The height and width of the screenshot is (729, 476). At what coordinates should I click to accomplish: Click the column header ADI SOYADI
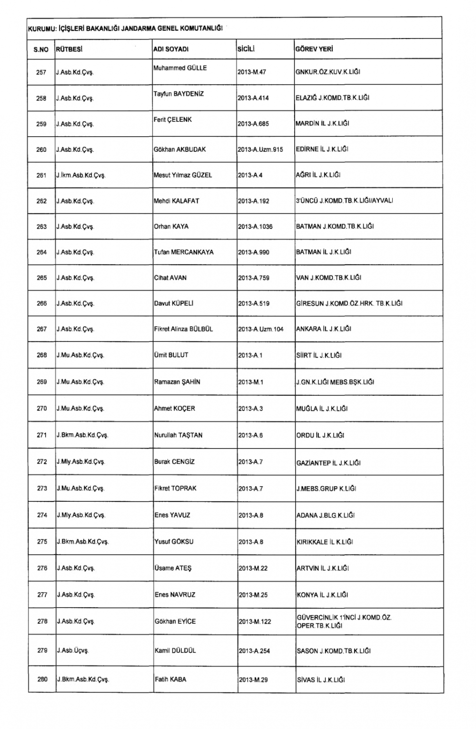(x=171, y=49)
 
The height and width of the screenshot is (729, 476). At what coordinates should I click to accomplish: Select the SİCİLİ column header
(x=247, y=49)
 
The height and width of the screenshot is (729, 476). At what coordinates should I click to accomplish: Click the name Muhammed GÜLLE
(x=180, y=68)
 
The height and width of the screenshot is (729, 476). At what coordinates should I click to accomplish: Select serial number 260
(x=41, y=150)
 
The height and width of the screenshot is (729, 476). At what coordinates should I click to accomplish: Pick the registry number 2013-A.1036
(x=255, y=227)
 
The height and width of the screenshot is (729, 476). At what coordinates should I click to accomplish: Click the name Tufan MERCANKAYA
(x=184, y=252)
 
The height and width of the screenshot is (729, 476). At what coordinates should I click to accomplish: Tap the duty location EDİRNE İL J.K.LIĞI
(x=322, y=149)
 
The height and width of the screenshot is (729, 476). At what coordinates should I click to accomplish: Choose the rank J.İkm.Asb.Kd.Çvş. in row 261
(x=80, y=175)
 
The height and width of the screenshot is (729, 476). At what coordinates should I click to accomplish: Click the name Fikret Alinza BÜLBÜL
(x=183, y=329)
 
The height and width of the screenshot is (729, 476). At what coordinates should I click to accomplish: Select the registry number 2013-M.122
(x=255, y=621)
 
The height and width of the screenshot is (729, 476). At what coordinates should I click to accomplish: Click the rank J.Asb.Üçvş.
(x=73, y=650)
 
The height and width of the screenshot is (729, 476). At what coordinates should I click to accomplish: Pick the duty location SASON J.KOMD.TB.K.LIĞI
(x=333, y=650)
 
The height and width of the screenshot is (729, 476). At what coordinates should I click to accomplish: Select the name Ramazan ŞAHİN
(x=177, y=382)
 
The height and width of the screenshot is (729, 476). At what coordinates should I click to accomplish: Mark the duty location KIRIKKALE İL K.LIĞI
(x=325, y=542)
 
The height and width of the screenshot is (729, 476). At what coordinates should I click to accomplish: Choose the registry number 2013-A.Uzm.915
(x=260, y=150)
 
